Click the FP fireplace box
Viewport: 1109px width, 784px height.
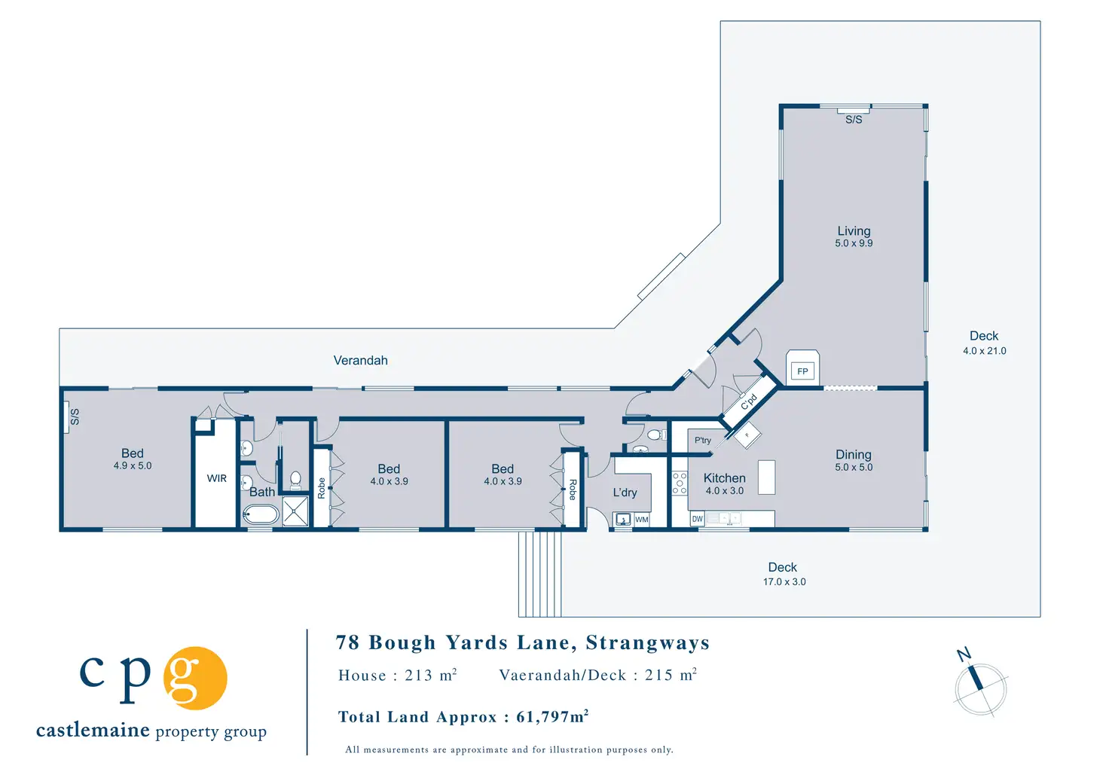802,371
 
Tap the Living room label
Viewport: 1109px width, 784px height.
854,231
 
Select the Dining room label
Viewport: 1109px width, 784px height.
854,454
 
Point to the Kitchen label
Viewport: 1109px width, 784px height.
724,478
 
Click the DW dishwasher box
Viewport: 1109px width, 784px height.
697,519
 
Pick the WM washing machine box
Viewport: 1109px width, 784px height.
641,520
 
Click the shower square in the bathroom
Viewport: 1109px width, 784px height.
295,511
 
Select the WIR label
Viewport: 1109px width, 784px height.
217,478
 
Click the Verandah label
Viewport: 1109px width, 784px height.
360,361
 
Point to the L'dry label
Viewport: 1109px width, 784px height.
625,493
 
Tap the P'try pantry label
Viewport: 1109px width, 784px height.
703,441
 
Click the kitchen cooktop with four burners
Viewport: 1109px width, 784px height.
680,483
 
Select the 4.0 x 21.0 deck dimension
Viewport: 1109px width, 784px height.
984,351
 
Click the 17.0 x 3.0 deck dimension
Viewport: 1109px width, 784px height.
784,581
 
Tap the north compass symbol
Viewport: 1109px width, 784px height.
979,685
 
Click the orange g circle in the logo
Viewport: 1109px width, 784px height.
195,678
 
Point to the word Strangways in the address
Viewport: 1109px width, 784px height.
647,642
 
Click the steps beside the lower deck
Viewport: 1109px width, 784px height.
539,573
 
